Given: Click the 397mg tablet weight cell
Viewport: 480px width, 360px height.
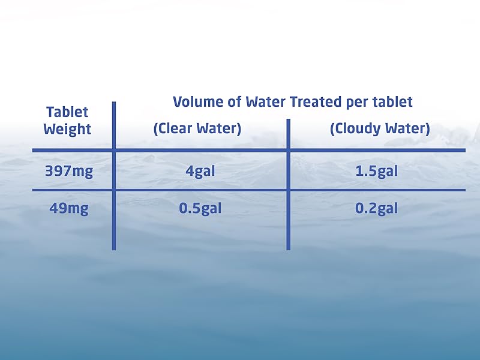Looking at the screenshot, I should [x=69, y=171].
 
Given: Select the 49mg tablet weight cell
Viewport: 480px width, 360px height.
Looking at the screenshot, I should [x=69, y=209].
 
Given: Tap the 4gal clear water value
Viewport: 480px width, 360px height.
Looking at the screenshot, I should [x=200, y=171].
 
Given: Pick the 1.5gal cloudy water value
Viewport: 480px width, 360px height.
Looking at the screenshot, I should [x=376, y=171].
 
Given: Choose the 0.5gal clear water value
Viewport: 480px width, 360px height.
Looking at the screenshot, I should [x=200, y=209].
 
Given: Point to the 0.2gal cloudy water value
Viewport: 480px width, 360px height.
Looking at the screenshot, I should [x=376, y=209].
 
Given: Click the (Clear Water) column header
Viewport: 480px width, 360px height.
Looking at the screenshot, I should [x=197, y=129].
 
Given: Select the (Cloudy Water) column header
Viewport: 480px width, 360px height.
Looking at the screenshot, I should [x=380, y=129].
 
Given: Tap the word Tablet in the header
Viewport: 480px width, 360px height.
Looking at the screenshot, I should [x=67, y=112].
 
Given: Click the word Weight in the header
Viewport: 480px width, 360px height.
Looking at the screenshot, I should [x=67, y=129].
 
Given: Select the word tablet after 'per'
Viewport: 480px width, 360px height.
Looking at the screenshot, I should [x=393, y=102].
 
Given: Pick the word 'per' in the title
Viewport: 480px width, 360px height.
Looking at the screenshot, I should [x=358, y=102].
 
